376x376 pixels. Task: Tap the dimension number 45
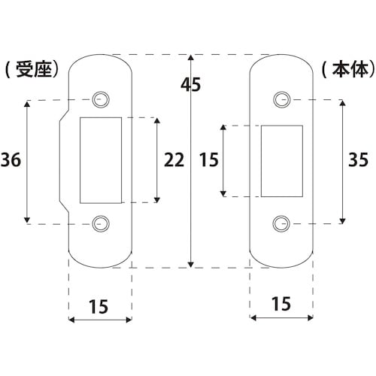click(191, 85)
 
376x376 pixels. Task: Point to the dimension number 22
click(174, 159)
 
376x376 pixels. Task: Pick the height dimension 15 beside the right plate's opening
click(209, 159)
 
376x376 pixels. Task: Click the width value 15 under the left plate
click(99, 307)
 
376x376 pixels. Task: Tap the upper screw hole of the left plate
click(100, 99)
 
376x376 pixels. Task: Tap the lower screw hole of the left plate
click(100, 222)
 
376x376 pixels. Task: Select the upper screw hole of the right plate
click(281, 99)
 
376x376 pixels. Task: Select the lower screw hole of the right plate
click(281, 222)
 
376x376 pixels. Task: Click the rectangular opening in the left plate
click(100, 160)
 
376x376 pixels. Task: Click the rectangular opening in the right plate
click(281, 161)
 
